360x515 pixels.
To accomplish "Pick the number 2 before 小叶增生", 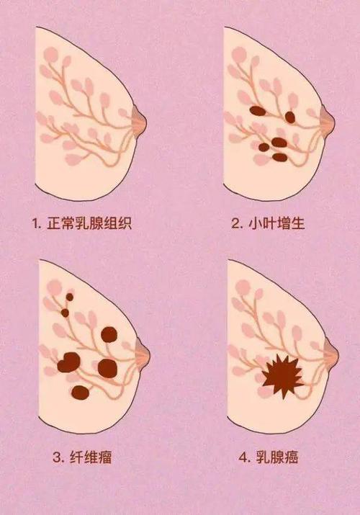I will coord(235,223).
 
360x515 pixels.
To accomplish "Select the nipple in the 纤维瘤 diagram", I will coord(143,353).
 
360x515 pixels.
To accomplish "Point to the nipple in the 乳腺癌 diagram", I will coord(331,353).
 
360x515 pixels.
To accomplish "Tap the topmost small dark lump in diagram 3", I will coord(70,297).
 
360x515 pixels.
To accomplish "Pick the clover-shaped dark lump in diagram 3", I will coord(68,362).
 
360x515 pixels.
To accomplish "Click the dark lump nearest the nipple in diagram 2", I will coord(289,117).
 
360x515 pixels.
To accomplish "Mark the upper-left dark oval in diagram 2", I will coord(257,111).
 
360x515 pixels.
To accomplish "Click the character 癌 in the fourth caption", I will coord(291,457).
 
